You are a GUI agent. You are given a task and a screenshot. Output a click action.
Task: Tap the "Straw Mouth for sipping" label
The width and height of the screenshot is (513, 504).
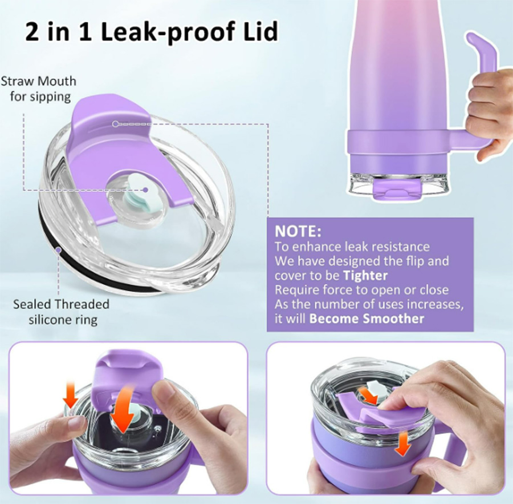click(38, 89)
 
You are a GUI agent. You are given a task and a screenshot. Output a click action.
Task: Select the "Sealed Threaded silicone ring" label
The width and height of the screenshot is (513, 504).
click(61, 311)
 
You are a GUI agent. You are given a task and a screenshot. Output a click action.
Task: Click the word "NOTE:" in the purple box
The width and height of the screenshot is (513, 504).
click(298, 232)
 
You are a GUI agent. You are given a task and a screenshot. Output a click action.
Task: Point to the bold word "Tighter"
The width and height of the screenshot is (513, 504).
click(362, 276)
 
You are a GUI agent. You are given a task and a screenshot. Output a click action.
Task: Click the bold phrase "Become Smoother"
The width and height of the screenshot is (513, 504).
click(367, 318)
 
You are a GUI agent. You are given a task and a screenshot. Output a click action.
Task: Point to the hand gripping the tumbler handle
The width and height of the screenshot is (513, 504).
click(486, 111)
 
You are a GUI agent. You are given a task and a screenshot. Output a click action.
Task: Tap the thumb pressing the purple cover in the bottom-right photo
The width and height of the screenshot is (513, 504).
click(399, 403)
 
